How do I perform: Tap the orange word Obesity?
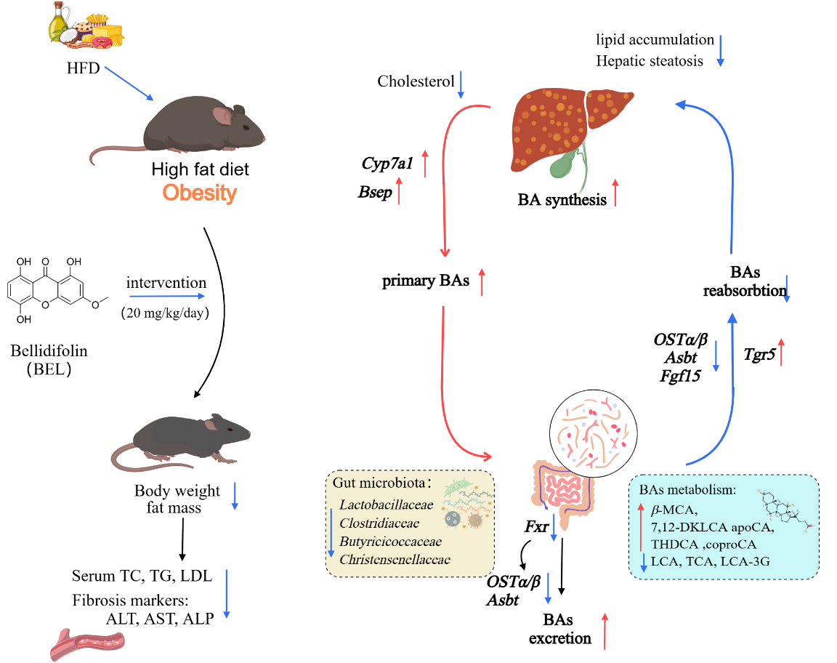199,193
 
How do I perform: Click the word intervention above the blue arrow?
166,282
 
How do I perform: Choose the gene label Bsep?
376,193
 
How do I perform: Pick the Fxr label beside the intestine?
535,526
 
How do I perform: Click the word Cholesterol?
416,81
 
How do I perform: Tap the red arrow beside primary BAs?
482,281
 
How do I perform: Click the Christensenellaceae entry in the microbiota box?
395,559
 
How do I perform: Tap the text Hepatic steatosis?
650,61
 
